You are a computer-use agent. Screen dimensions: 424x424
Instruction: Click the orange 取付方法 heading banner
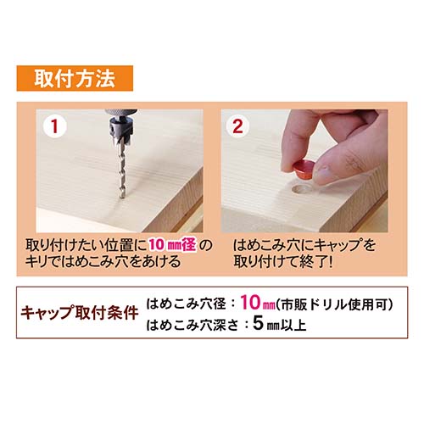[x=75, y=78]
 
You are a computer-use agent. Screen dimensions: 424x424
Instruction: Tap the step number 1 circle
[x=55, y=126]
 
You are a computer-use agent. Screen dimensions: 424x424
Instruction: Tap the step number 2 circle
[x=237, y=126]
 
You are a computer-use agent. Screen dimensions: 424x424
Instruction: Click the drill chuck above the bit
[x=120, y=125]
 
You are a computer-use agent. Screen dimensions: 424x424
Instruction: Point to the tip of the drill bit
[x=122, y=198]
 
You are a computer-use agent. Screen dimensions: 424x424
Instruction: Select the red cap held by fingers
[x=304, y=169]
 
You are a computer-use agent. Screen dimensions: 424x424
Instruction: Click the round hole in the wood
[x=301, y=190]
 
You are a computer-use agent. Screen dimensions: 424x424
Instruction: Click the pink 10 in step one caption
[x=156, y=245]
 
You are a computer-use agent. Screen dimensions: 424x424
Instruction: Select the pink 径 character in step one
[x=189, y=245]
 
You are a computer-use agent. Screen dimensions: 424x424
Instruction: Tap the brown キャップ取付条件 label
[x=80, y=312]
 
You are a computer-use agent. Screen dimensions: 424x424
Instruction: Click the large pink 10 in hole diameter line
[x=250, y=303]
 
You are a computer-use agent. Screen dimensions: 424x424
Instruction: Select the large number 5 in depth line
[x=258, y=323]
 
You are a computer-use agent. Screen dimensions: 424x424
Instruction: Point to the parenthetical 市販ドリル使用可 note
[x=333, y=304]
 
